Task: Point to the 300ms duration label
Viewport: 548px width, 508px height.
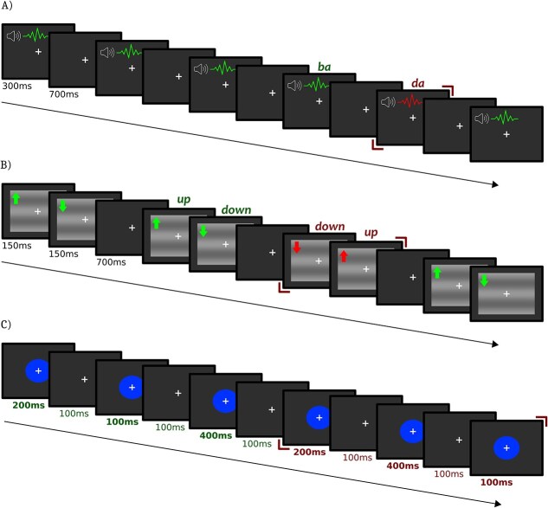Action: point(16,87)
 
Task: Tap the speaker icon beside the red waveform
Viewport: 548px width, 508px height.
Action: point(390,102)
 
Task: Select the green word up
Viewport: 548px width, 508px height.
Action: point(184,199)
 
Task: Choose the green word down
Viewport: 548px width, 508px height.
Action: point(236,209)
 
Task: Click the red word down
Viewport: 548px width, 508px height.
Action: point(329,226)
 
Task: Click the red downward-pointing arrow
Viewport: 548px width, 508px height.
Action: point(296,248)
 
